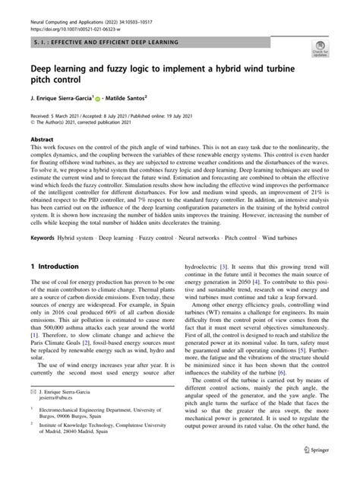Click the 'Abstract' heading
click(42, 141)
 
